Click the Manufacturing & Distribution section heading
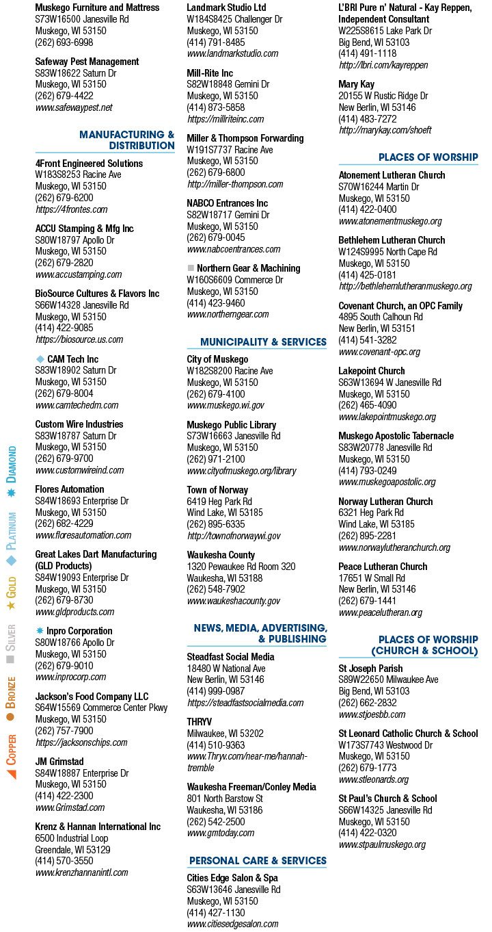tap(126, 140)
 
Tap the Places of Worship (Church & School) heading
tap(424, 645)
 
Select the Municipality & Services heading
tap(264, 342)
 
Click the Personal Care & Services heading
tap(258, 860)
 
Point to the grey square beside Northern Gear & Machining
tap(191, 268)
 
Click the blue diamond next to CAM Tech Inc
tap(40, 359)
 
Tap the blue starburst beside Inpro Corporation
tap(40, 630)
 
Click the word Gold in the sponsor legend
tap(11, 587)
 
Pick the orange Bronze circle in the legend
tap(11, 716)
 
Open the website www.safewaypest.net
tap(74, 107)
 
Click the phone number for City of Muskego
tap(216, 394)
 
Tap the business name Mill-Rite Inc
tap(210, 73)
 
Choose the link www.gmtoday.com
tap(221, 833)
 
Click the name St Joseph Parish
tap(370, 669)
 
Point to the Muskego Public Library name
tap(232, 425)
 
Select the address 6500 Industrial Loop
tap(72, 838)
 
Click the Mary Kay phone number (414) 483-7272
tap(368, 118)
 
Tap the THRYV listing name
tap(200, 721)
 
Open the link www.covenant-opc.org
tap(379, 352)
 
